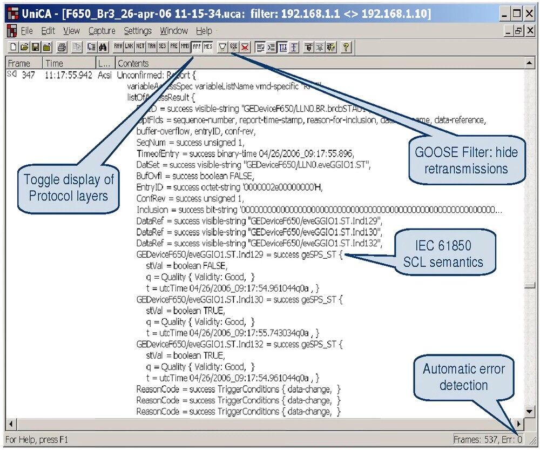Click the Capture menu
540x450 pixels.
coord(102,31)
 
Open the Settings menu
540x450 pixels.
coord(138,31)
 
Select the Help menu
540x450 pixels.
coord(204,31)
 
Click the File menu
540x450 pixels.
coord(26,31)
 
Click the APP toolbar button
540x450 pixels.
coord(197,48)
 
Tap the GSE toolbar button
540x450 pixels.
coord(234,48)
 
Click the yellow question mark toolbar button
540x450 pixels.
coord(346,48)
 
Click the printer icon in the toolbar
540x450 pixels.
coord(62,48)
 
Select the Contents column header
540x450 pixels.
coord(133,63)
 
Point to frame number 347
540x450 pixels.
coord(28,75)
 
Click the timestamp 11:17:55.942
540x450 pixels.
coord(69,75)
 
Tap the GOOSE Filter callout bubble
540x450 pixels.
coord(467,160)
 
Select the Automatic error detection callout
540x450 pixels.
coord(464,377)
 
